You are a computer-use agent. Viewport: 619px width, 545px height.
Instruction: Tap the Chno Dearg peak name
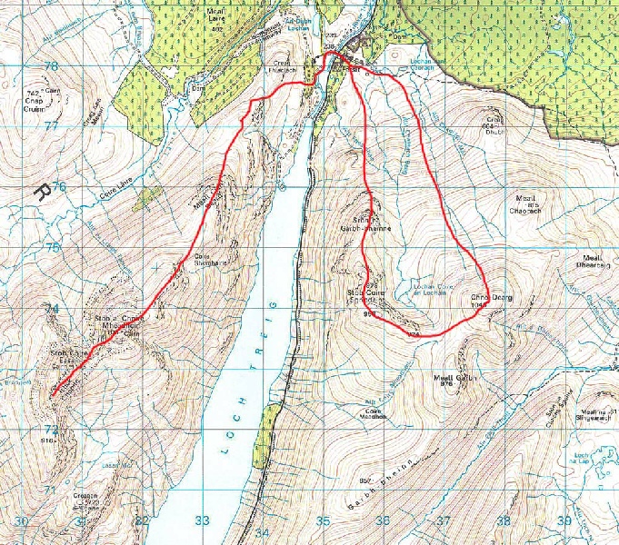[x=489, y=297]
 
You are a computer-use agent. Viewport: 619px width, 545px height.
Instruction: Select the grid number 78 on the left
[x=51, y=66]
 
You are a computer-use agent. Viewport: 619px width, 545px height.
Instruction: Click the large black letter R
[x=41, y=192]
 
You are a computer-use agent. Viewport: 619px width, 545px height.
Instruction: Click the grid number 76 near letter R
[x=59, y=187]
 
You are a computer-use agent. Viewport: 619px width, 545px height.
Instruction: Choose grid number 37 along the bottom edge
[x=443, y=521]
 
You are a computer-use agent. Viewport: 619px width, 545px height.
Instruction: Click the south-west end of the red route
[x=53, y=395]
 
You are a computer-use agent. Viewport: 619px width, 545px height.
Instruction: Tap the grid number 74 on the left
[x=52, y=309]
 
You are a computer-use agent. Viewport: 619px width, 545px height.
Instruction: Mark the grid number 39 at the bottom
[x=564, y=521]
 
